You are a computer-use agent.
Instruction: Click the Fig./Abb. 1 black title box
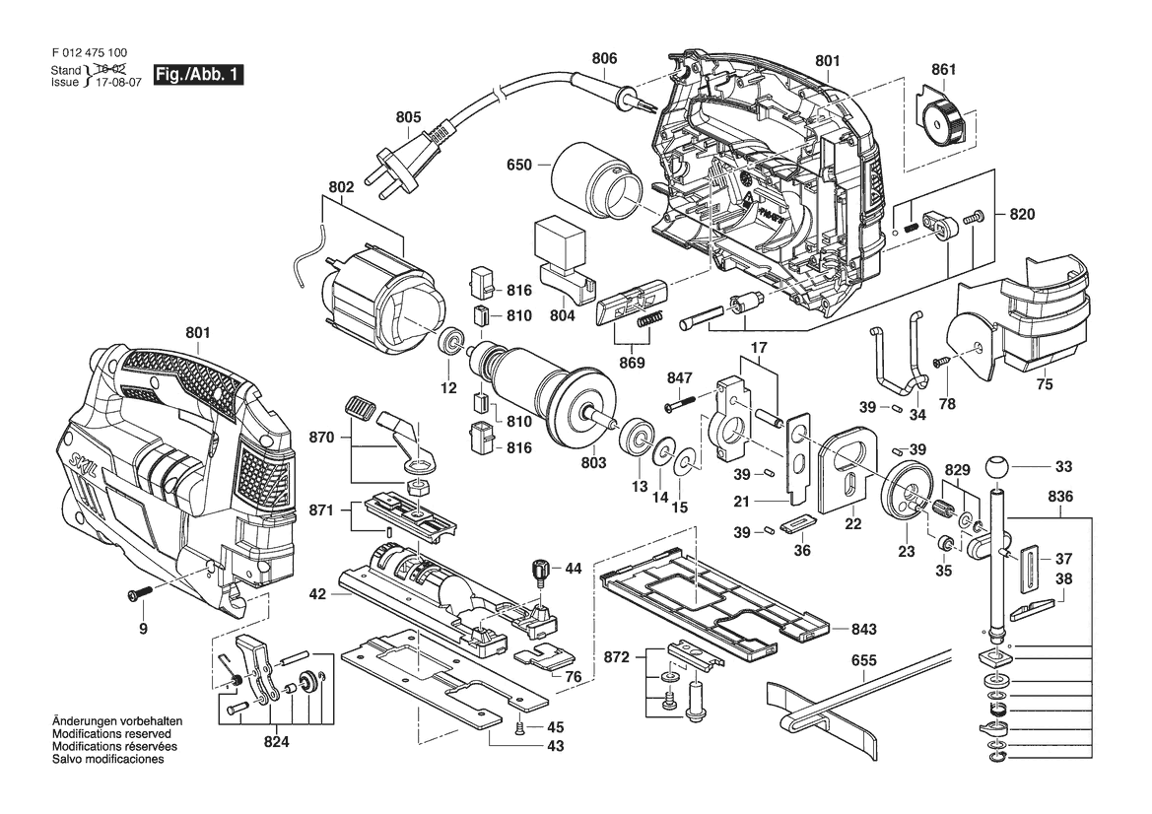coord(198,75)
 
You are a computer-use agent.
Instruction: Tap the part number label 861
coord(943,69)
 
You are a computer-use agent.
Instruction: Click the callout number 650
coord(518,165)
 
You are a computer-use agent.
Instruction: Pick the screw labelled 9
coord(138,592)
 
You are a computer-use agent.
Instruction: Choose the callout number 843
coord(864,629)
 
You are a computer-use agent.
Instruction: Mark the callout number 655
coord(863,660)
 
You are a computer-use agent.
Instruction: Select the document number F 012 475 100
coord(90,53)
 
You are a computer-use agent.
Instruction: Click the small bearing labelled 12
coord(449,342)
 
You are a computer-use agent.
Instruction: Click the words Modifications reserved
coord(111,734)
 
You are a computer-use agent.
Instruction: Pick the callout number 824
coord(276,742)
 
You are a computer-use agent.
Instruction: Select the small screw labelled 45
coord(520,727)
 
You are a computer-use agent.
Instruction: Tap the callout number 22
coord(853,524)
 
